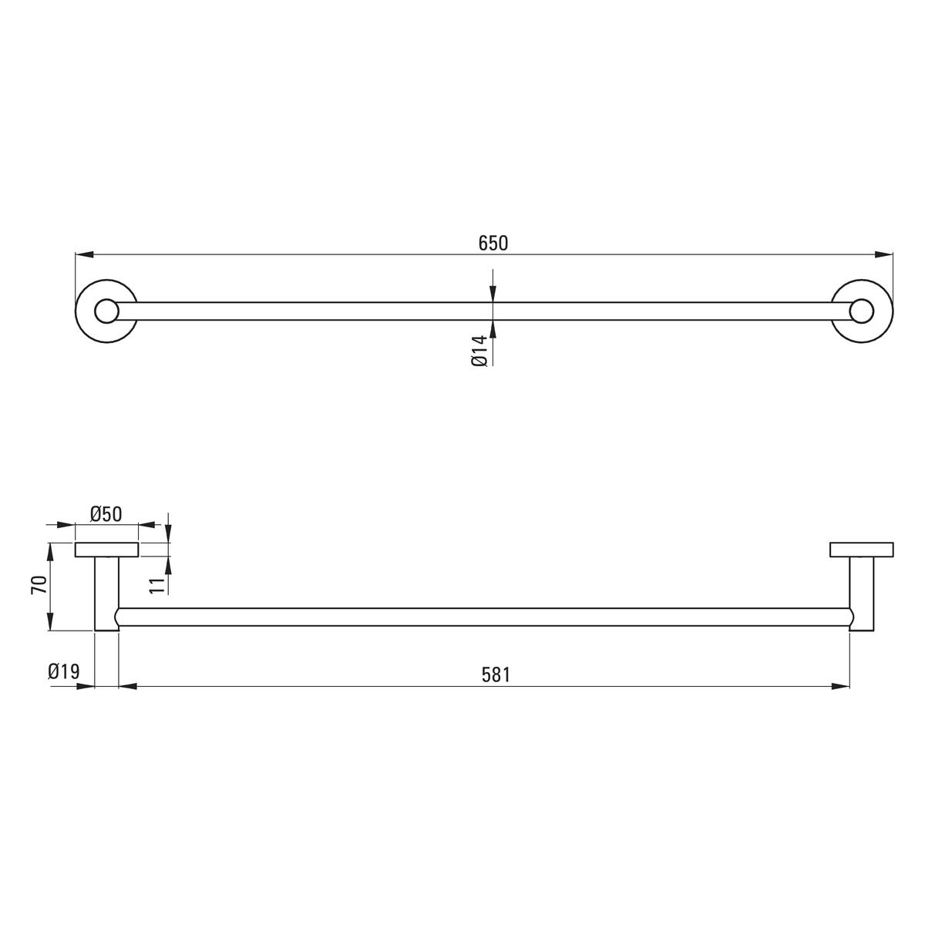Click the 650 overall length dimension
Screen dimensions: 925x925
click(x=493, y=244)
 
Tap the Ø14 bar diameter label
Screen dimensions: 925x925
click(x=479, y=351)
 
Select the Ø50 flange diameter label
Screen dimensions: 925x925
click(x=106, y=515)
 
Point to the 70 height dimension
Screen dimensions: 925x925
click(x=39, y=585)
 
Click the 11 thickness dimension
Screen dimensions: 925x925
click(x=156, y=585)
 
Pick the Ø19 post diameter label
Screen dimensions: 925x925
click(x=63, y=671)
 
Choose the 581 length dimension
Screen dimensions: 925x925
click(x=496, y=675)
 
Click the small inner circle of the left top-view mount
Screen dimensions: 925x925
click(x=106, y=311)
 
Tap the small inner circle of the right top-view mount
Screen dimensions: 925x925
click(x=862, y=311)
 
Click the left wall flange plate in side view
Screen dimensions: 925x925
click(x=106, y=550)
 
